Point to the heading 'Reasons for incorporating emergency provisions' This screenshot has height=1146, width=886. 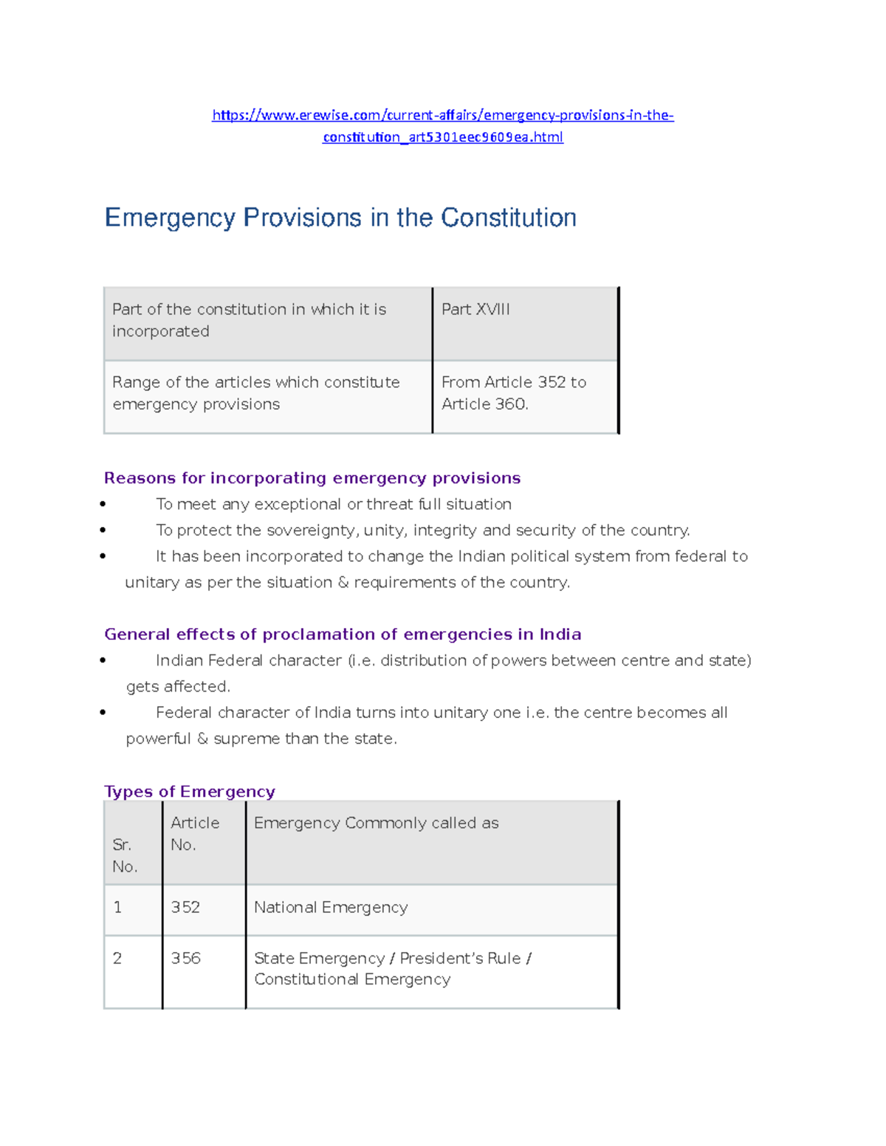(x=312, y=478)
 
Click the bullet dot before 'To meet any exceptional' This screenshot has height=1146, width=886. (x=103, y=505)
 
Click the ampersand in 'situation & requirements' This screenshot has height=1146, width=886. (x=343, y=583)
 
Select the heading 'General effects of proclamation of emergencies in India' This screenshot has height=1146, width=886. (x=343, y=635)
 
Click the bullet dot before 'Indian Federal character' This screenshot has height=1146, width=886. (x=103, y=661)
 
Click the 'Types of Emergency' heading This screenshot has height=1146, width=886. (x=190, y=792)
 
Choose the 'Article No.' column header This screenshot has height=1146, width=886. (x=195, y=834)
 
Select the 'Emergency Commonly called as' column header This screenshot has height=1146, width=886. (x=376, y=824)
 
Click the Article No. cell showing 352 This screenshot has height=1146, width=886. (x=185, y=908)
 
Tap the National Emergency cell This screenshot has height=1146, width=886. (x=331, y=908)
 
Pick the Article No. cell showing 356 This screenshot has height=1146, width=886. (x=185, y=959)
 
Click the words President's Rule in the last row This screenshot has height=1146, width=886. (x=460, y=959)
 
